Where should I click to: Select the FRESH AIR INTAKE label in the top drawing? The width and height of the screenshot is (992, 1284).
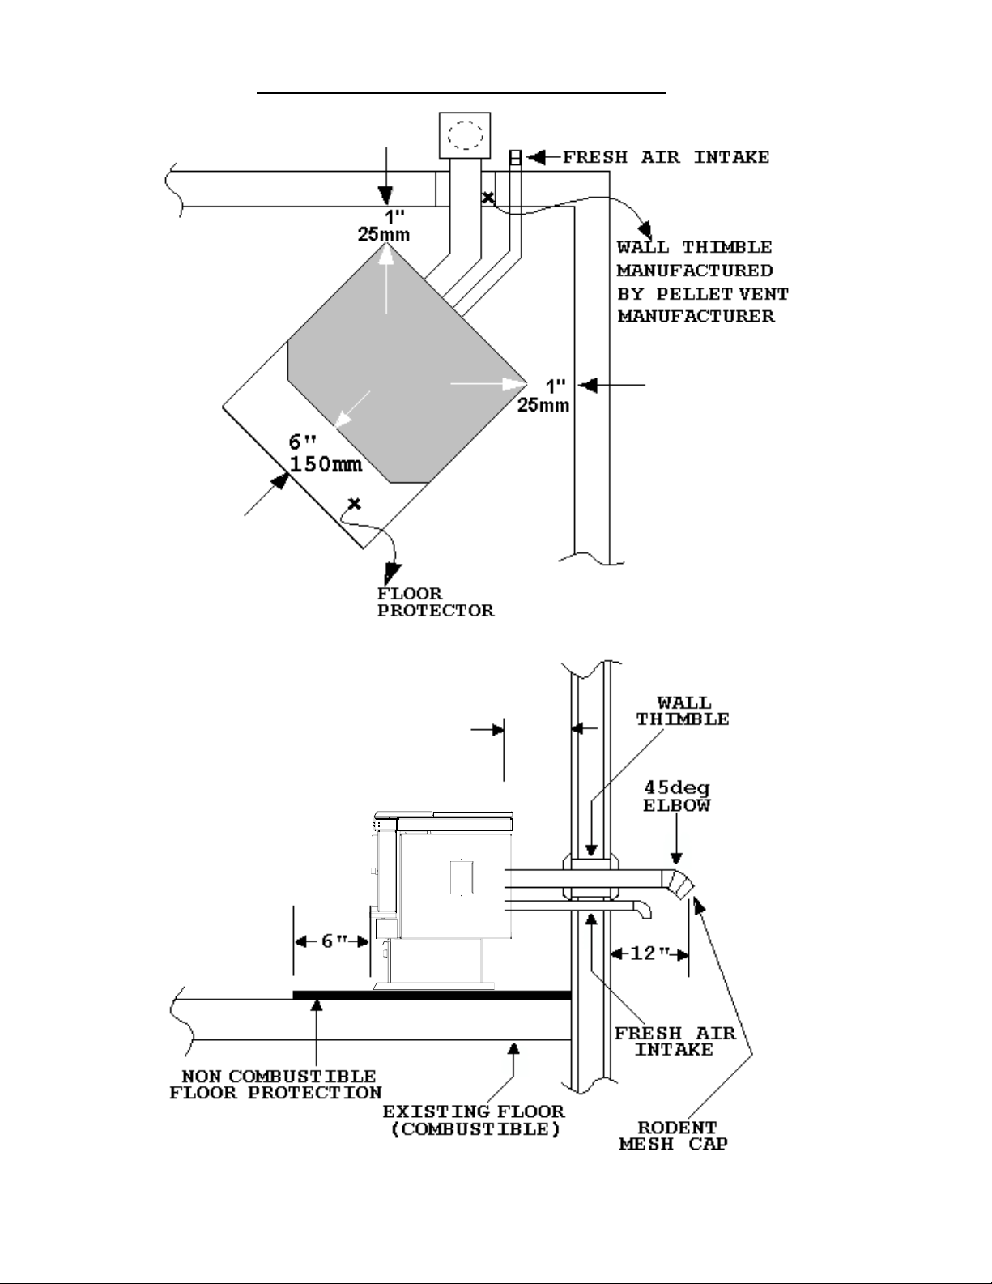[666, 158]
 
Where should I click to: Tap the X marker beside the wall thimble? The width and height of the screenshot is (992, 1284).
[487, 198]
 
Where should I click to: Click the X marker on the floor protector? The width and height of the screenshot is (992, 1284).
[355, 503]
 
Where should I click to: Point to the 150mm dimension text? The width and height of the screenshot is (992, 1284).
[326, 464]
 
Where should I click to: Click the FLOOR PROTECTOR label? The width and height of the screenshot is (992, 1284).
[436, 602]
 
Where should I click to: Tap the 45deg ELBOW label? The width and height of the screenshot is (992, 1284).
[677, 796]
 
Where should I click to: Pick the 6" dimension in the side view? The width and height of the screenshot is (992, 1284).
[334, 941]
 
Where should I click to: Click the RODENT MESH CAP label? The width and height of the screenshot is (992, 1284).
[674, 1137]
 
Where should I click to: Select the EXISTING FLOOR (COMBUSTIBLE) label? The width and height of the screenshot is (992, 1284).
[475, 1120]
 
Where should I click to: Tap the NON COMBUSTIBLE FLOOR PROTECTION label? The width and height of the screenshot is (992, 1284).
[276, 1084]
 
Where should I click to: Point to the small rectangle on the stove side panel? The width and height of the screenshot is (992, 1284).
[461, 877]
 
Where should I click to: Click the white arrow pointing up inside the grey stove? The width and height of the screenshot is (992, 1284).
[386, 279]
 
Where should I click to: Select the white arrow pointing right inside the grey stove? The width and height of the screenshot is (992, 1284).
[488, 384]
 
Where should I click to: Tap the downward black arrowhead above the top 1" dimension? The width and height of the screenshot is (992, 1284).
[385, 194]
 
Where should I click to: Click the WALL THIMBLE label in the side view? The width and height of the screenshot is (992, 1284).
[683, 711]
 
